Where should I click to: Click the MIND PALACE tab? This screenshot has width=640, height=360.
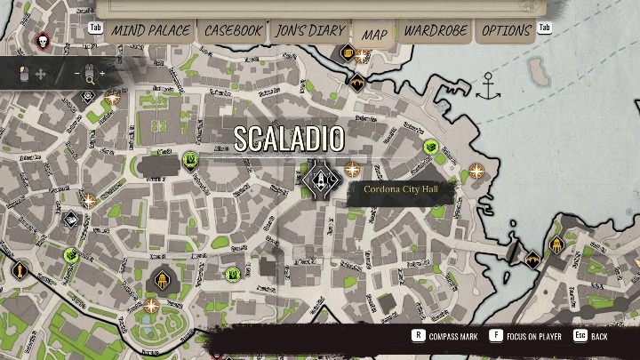[x=151, y=30]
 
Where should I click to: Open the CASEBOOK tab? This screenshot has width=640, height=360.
[x=233, y=30]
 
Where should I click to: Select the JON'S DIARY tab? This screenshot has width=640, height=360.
[x=309, y=30]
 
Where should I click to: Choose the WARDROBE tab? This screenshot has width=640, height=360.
[x=436, y=30]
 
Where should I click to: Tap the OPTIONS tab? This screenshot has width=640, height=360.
[x=507, y=30]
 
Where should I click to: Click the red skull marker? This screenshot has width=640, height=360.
[x=42, y=40]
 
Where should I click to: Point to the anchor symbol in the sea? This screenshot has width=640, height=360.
[x=487, y=86]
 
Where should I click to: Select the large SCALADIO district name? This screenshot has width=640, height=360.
[x=289, y=138]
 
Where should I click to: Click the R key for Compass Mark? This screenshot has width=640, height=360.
[x=417, y=336]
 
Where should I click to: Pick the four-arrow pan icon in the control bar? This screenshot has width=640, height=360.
[x=39, y=75]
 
